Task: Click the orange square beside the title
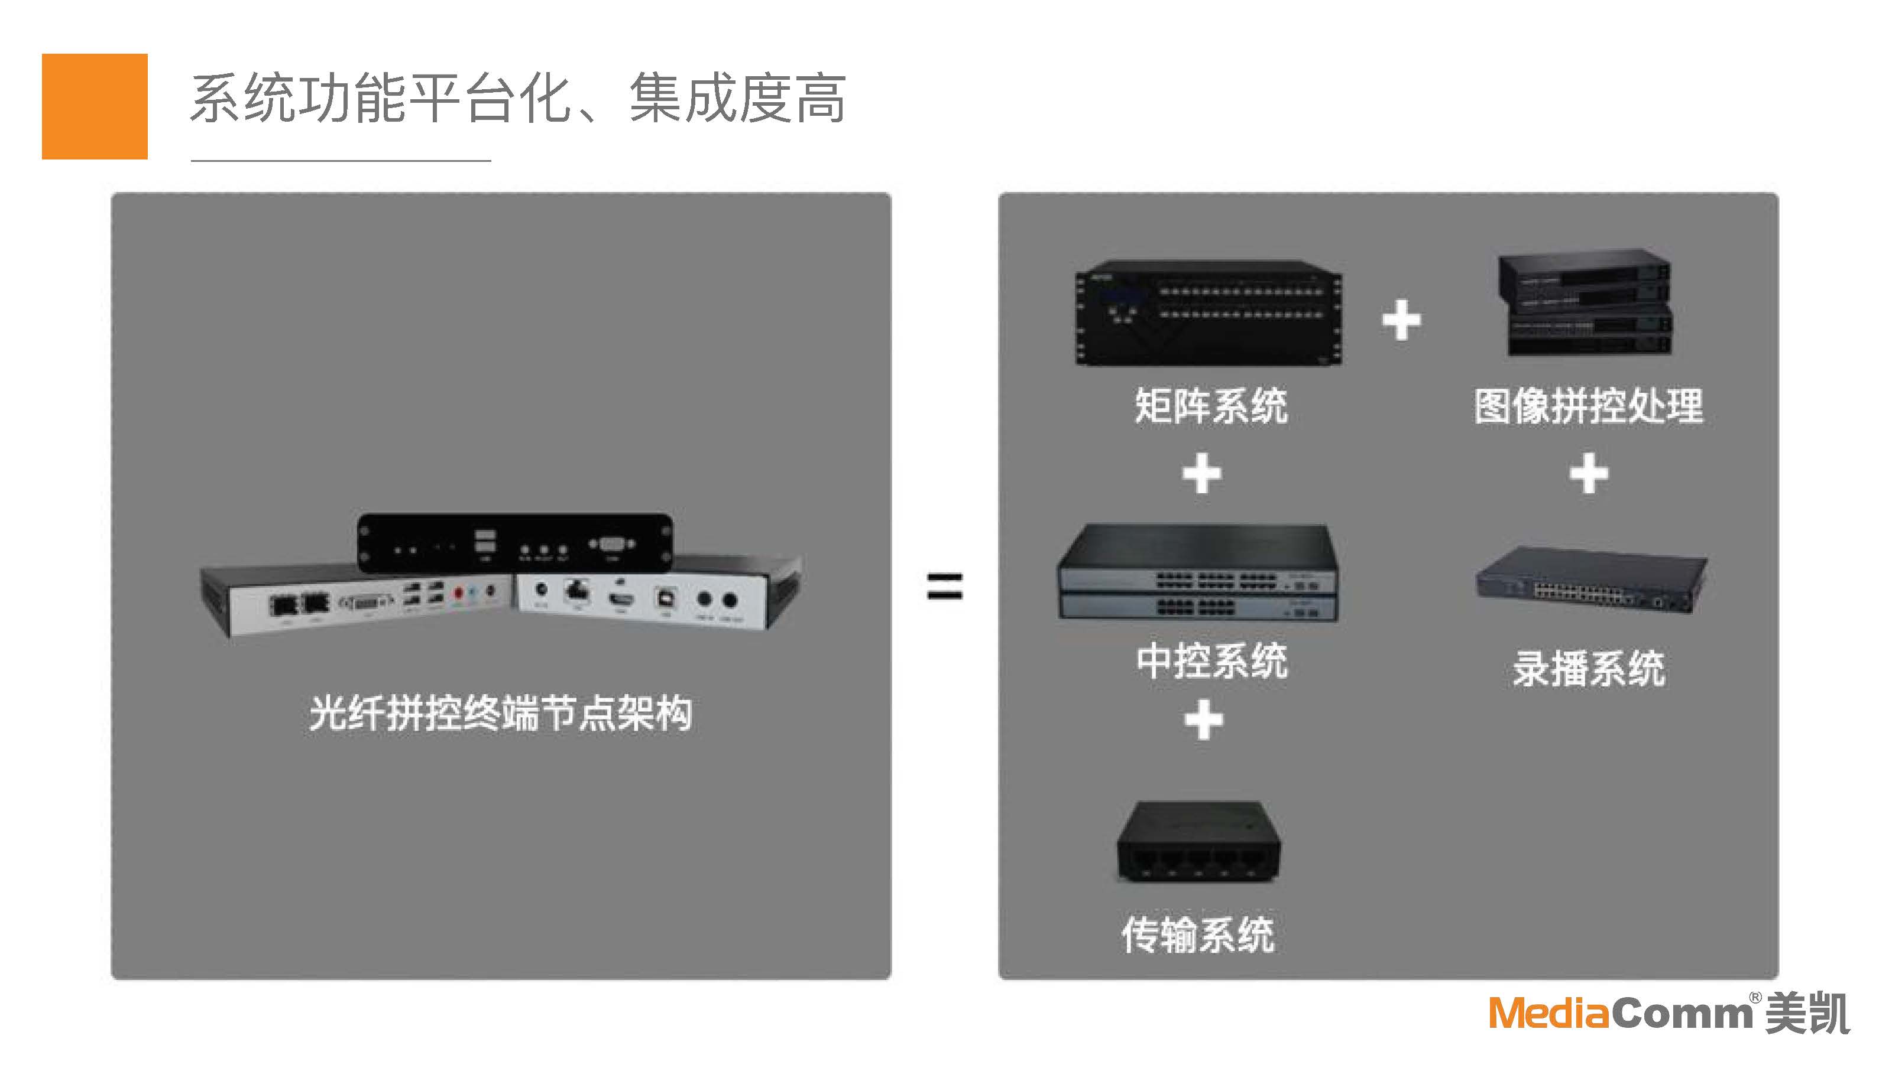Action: pos(95,106)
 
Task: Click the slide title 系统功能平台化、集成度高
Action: pos(518,99)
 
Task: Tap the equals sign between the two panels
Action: pos(945,587)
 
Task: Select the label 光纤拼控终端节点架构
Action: pos(500,714)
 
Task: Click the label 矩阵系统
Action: pos(1211,406)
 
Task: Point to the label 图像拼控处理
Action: pos(1589,406)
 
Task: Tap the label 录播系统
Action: pos(1589,669)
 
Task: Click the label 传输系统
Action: pos(1198,934)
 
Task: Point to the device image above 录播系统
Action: pos(1591,581)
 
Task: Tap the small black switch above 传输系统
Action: pos(1198,842)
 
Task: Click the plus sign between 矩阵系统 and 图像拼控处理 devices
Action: pos(1401,320)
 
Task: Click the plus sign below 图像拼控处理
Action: pos(1589,473)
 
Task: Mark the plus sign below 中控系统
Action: pos(1204,719)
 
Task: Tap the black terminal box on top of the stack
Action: pos(515,544)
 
